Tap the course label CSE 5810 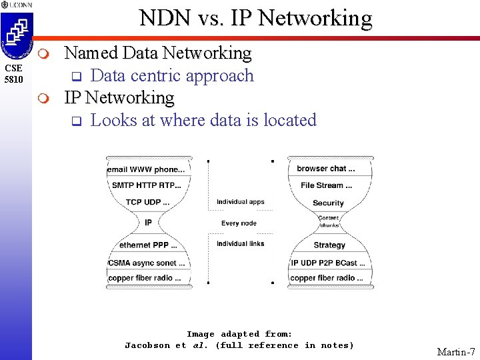[x=14, y=74]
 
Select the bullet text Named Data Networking [x=157, y=53]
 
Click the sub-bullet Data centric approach [x=172, y=75]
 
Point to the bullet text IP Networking [x=119, y=98]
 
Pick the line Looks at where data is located [x=203, y=121]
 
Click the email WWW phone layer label [x=148, y=170]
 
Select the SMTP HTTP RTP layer [x=147, y=185]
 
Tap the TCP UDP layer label [x=147, y=202]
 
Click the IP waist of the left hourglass [x=148, y=223]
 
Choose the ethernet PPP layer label [x=148, y=245]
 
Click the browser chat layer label [x=326, y=169]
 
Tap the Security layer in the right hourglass [x=328, y=203]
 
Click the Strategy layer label [x=329, y=245]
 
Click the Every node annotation [x=239, y=223]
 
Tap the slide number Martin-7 [x=456, y=351]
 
